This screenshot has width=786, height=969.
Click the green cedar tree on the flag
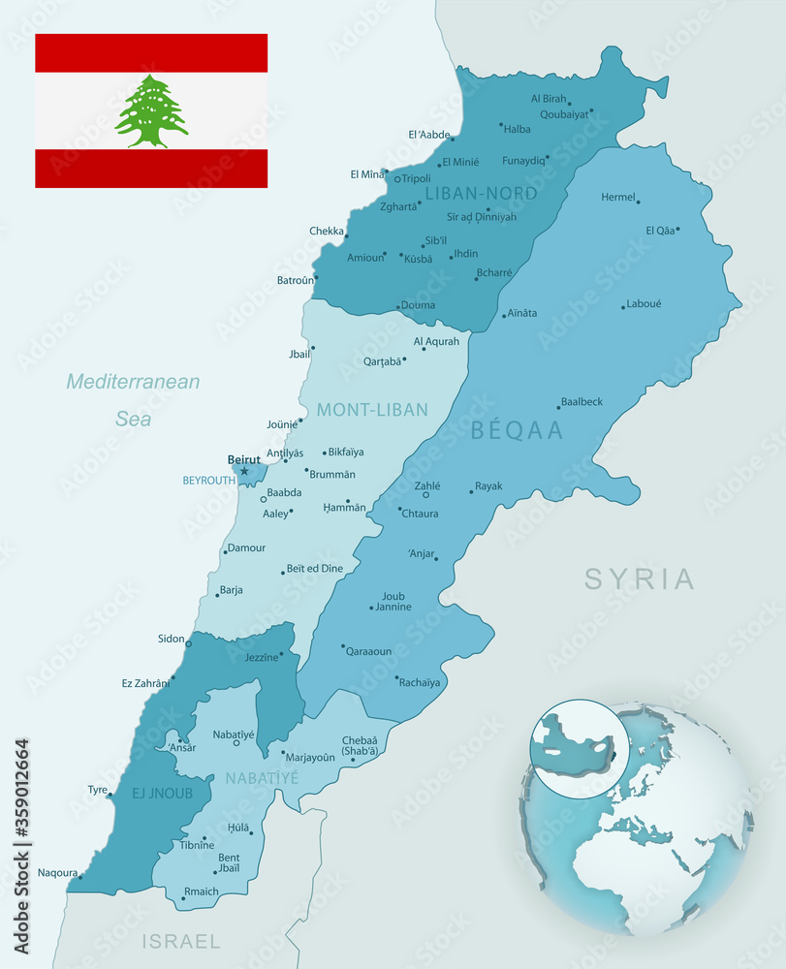[151, 110]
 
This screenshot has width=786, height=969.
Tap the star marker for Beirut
[244, 472]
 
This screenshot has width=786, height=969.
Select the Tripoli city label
[417, 178]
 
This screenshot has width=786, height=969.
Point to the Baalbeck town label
[582, 401]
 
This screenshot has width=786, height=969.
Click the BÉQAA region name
[517, 431]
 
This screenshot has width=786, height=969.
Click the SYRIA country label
[640, 579]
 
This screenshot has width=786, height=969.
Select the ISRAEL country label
[181, 941]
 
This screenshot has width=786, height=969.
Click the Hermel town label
[617, 197]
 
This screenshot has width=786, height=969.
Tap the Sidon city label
[171, 639]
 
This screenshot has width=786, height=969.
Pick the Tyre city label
[98, 790]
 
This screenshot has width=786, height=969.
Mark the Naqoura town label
[57, 872]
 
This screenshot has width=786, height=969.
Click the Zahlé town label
[427, 485]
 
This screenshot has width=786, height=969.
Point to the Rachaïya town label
[420, 682]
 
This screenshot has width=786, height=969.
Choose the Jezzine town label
[261, 656]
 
